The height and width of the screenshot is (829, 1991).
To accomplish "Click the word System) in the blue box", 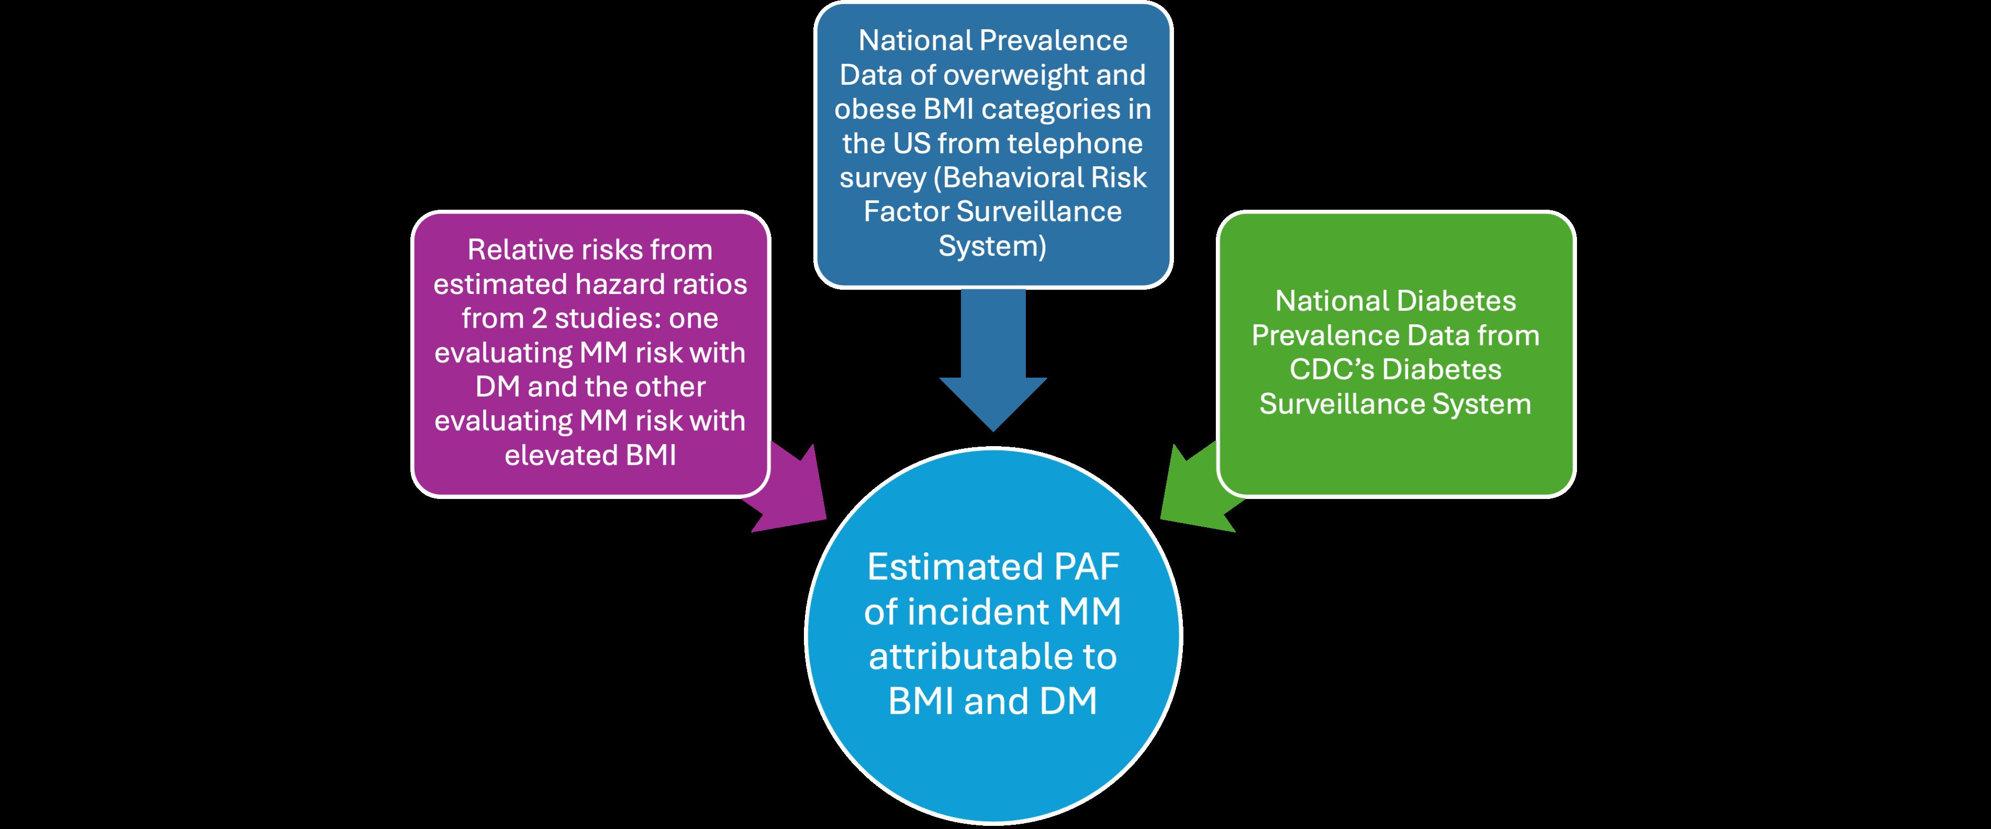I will pos(992,246).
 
